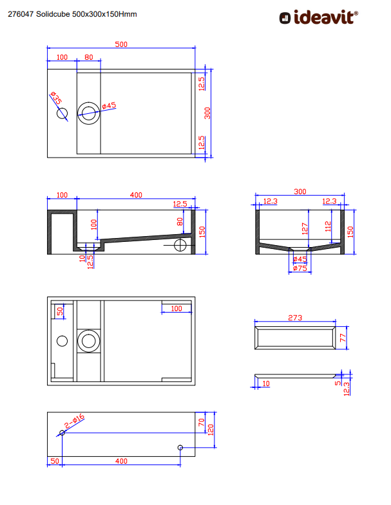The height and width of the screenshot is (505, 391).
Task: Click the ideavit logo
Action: click(x=318, y=17)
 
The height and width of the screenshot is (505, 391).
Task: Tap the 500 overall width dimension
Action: click(x=121, y=44)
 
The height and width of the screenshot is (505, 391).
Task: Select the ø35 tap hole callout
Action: click(x=56, y=98)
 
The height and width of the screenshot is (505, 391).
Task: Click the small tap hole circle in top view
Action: click(x=62, y=113)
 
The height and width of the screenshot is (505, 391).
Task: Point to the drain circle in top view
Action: click(x=89, y=113)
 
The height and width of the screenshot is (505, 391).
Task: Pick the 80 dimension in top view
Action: click(x=89, y=57)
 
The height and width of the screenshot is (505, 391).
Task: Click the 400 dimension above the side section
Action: click(x=136, y=195)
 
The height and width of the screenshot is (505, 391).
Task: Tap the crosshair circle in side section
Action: click(x=180, y=245)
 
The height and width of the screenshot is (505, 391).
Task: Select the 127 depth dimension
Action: click(x=305, y=228)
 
